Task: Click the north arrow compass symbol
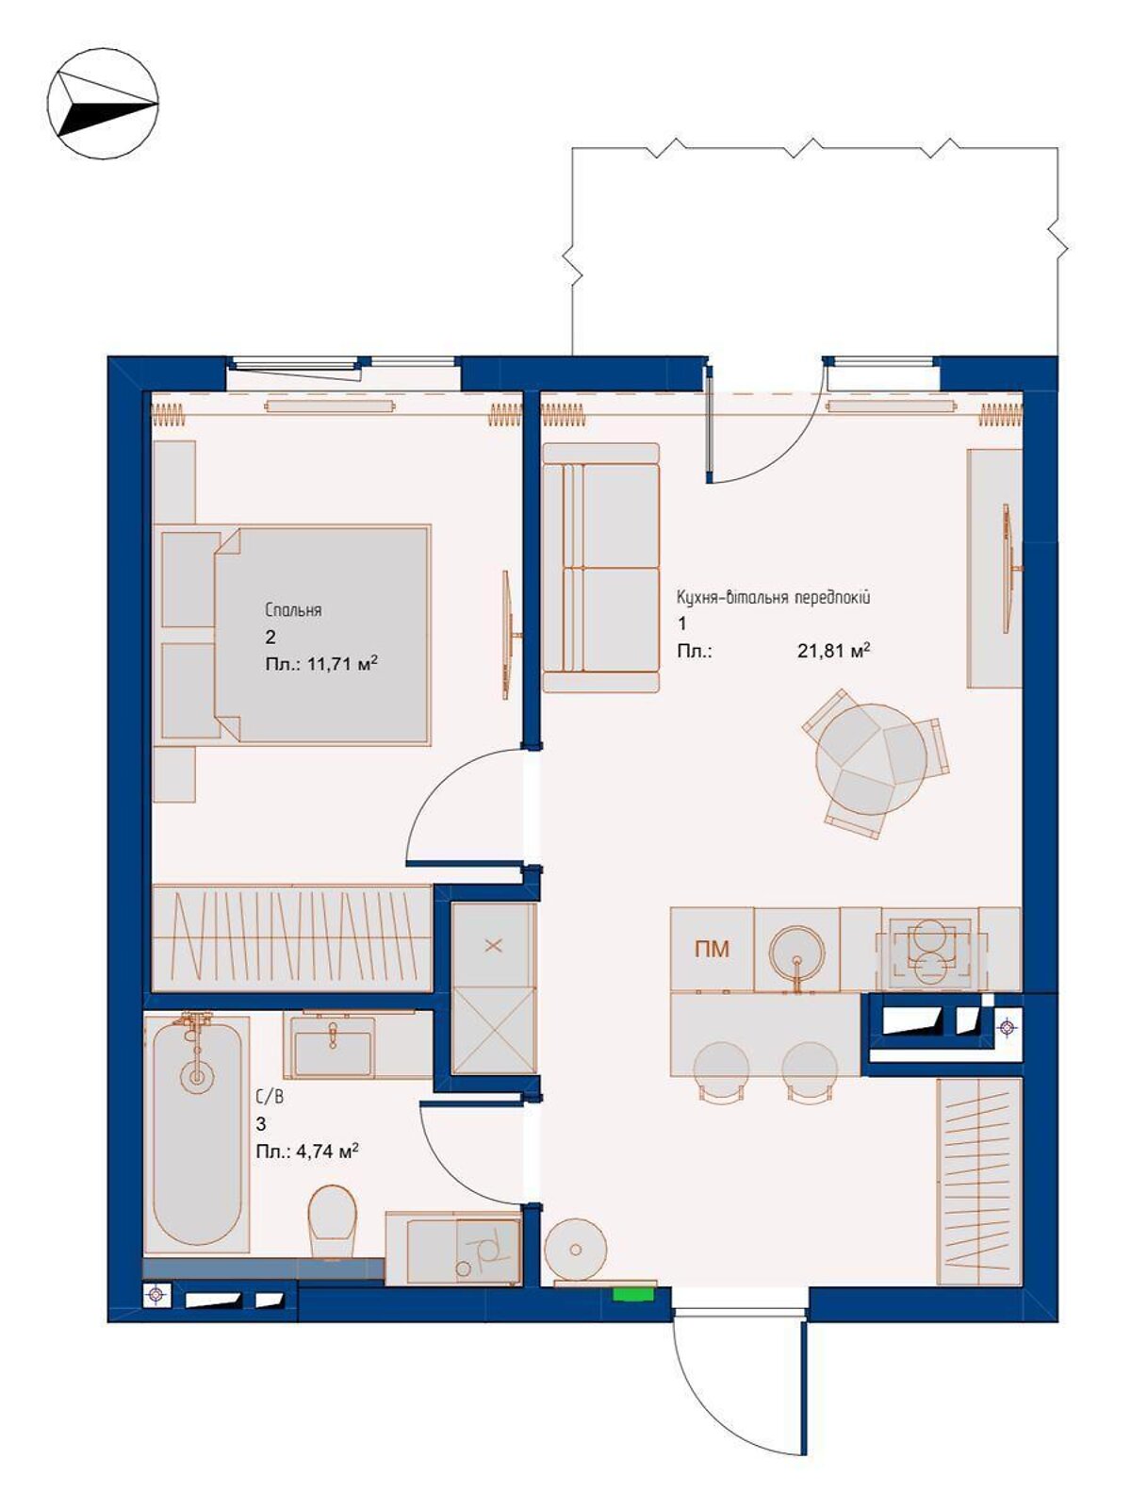(x=104, y=104)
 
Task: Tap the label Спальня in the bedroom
(x=293, y=610)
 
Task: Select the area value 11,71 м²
(x=338, y=664)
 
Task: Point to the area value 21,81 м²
(x=834, y=651)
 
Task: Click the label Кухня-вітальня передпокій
(x=774, y=597)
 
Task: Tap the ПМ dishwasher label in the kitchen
(x=713, y=949)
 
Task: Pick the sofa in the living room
(x=600, y=567)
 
